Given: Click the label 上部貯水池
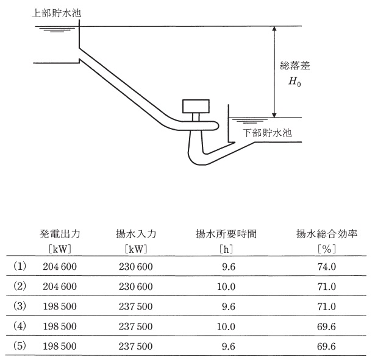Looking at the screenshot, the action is point(57,13).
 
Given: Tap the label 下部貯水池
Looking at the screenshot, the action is point(268,133).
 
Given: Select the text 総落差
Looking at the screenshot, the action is point(295,65).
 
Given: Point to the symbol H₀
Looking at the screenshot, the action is point(295,82).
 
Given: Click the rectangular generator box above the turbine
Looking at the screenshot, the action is point(196,107).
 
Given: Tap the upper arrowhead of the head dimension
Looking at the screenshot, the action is point(274,29).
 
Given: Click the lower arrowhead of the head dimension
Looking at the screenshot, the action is point(274,115).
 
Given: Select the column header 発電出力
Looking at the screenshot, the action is point(60,234).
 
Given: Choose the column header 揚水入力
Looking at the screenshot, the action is point(136,234).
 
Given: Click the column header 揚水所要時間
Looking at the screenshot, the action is point(226,234).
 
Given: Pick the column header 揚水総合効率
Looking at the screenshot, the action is point(327,234).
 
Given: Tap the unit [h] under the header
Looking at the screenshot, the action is point(226,249).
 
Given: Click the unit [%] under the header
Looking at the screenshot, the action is point(327,249).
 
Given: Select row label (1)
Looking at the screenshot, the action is point(20,266).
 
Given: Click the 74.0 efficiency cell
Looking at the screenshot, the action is point(327,267).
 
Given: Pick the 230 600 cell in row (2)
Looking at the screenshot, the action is point(136,286).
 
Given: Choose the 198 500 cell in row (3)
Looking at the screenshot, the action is point(60,306).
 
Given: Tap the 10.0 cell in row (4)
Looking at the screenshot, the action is point(226,326).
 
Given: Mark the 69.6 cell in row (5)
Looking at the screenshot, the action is point(327,346).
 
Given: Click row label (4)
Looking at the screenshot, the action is point(20,326).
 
